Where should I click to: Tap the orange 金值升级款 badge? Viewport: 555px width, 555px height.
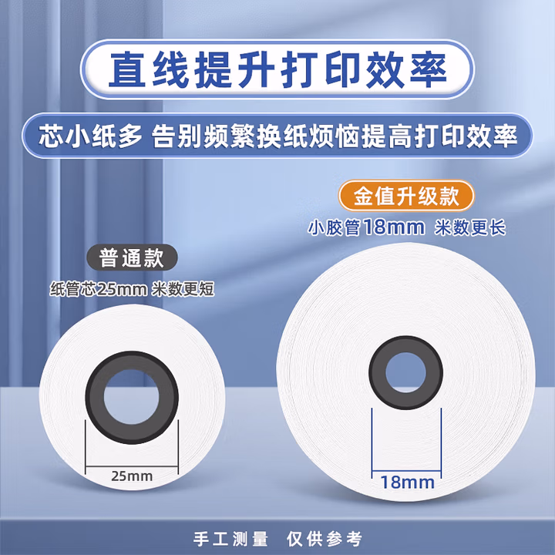[406, 195]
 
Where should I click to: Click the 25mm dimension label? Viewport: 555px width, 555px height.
[133, 476]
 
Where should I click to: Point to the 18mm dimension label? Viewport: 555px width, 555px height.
[406, 483]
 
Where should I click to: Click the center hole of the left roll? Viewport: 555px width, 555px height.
[132, 393]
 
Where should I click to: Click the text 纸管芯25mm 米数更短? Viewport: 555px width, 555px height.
[131, 289]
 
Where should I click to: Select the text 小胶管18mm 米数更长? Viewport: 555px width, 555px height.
[406, 227]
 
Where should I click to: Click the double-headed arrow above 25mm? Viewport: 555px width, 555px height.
[132, 463]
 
